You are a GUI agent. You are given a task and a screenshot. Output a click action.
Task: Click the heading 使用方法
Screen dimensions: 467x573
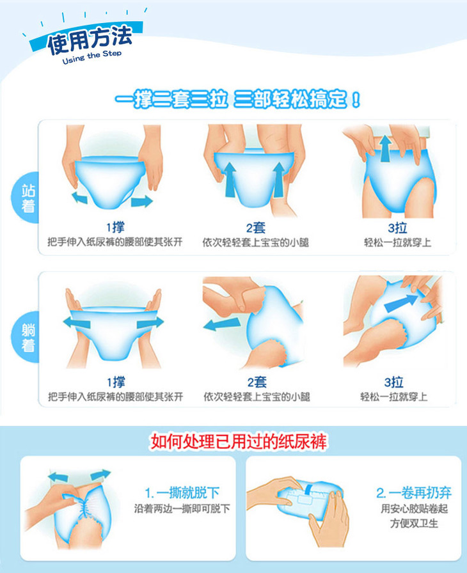point(90,40)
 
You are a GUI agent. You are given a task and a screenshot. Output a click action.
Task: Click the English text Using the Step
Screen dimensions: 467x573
point(91,57)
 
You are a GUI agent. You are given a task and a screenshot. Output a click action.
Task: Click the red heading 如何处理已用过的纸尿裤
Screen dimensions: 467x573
point(239,441)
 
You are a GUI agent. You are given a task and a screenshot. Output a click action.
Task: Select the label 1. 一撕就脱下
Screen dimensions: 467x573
point(182,492)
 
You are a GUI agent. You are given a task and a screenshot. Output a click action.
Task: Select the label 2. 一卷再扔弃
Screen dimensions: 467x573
point(414,492)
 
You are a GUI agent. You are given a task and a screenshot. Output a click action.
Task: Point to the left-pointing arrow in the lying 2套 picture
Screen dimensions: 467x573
point(221,324)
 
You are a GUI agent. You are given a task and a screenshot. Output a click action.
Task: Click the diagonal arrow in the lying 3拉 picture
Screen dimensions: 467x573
point(401,303)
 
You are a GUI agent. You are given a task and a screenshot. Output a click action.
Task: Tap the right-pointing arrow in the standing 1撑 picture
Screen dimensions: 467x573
point(142,201)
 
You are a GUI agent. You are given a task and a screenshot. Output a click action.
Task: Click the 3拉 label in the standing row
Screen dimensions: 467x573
point(397,228)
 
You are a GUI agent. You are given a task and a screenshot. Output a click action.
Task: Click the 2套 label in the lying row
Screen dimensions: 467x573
point(257,382)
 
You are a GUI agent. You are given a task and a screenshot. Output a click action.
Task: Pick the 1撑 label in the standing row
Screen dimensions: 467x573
point(115,227)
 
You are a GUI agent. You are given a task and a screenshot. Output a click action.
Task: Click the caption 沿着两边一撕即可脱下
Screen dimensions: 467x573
point(182,508)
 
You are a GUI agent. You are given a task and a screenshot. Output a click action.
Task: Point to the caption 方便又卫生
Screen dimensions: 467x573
point(414,523)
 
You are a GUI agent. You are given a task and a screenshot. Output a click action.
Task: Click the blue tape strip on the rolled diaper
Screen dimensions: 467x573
point(309,489)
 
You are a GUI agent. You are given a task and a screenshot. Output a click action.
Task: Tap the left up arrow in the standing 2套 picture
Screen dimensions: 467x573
point(230,180)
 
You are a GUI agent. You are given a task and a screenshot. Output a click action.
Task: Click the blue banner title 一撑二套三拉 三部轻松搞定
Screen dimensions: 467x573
point(237,99)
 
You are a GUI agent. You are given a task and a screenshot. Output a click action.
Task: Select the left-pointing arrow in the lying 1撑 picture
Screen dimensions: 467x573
point(77,322)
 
